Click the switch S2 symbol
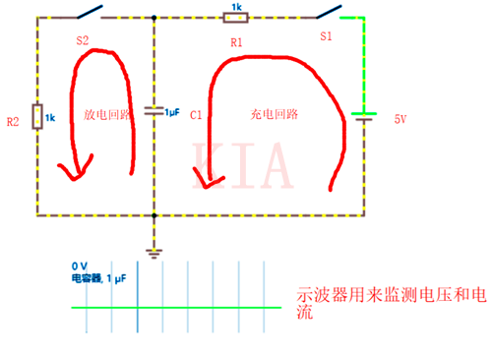coord(90,13)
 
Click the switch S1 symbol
coord(329,13)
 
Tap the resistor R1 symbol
coord(236,17)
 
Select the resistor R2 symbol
coord(37,116)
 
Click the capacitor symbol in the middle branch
coord(154,111)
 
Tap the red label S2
coord(82,41)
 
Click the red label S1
coord(326,35)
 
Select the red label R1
coord(234,42)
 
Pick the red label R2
coord(13,122)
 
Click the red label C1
coord(196,115)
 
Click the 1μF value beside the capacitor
coord(172,111)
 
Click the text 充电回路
coord(275,114)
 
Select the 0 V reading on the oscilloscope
coord(80,267)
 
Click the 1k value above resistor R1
coord(236,6)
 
